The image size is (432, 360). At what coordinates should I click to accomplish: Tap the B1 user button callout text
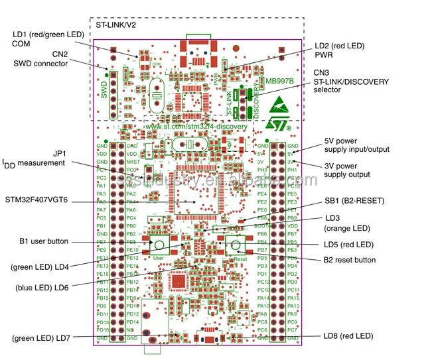pyautogui.click(x=44, y=241)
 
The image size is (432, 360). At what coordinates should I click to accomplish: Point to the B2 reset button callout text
pyautogui.click(x=350, y=260)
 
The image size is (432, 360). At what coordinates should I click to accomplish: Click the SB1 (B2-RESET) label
pyautogui.click(x=355, y=200)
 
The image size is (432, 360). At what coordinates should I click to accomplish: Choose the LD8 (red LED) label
pyautogui.click(x=348, y=336)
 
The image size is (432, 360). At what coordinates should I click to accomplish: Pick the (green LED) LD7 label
pyautogui.click(x=41, y=338)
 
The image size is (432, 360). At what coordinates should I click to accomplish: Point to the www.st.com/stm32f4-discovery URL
pyautogui.click(x=196, y=126)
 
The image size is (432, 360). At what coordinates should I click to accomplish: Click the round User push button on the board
pyautogui.click(x=159, y=245)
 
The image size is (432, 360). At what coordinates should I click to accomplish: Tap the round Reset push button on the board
pyautogui.click(x=235, y=247)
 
